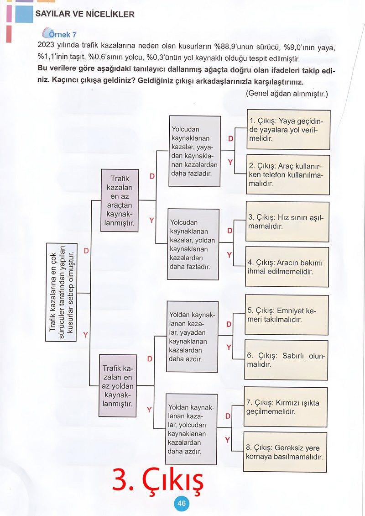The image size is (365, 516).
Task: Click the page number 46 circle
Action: coord(182,503)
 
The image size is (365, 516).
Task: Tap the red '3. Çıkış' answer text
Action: coord(158,479)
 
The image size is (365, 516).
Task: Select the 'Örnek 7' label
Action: coord(60,34)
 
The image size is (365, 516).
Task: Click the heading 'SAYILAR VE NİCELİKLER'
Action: coord(85,14)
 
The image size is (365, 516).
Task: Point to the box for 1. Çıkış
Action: coord(288,130)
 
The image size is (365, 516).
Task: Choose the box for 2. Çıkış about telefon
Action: coord(288,175)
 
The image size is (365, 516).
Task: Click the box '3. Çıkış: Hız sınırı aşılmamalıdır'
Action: coord(287,222)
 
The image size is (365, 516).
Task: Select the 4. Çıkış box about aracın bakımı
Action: coord(287,267)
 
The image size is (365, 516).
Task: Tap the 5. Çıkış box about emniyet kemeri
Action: coord(287,315)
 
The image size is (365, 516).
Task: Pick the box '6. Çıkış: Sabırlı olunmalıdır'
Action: coord(286,360)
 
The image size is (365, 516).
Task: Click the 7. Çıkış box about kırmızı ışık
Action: coord(286,407)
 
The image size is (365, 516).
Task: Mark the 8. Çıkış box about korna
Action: coord(285,452)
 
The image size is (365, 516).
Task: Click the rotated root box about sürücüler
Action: coord(62,292)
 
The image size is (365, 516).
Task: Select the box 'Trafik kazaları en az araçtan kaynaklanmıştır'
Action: coord(120,200)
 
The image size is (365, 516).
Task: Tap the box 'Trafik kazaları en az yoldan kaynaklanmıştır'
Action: coord(118,386)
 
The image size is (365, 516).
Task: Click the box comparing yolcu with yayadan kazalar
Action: coord(195,152)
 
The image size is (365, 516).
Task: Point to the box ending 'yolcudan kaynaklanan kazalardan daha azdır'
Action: coord(191,429)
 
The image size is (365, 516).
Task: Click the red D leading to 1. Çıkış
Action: coord(231,138)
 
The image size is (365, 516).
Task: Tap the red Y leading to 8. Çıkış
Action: coord(227,440)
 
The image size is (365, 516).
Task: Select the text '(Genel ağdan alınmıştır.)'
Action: coord(287,94)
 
